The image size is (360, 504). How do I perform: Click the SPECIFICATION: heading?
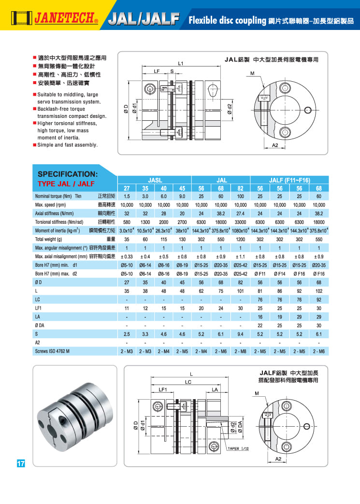point(68,173)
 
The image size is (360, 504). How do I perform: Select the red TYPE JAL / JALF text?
point(66,184)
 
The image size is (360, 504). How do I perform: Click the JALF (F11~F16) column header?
point(289,179)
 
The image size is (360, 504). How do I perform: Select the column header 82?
point(240,188)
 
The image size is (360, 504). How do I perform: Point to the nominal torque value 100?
point(240,197)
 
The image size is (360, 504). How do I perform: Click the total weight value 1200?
point(240,239)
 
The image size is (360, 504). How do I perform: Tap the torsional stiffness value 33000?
point(240,222)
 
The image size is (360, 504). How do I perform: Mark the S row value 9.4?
point(240,333)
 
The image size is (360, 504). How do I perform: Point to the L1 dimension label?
point(180,63)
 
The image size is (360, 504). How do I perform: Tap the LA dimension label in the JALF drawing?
point(216,389)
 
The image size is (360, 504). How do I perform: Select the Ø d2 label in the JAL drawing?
point(230,109)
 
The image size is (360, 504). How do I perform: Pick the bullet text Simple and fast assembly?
point(68,145)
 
